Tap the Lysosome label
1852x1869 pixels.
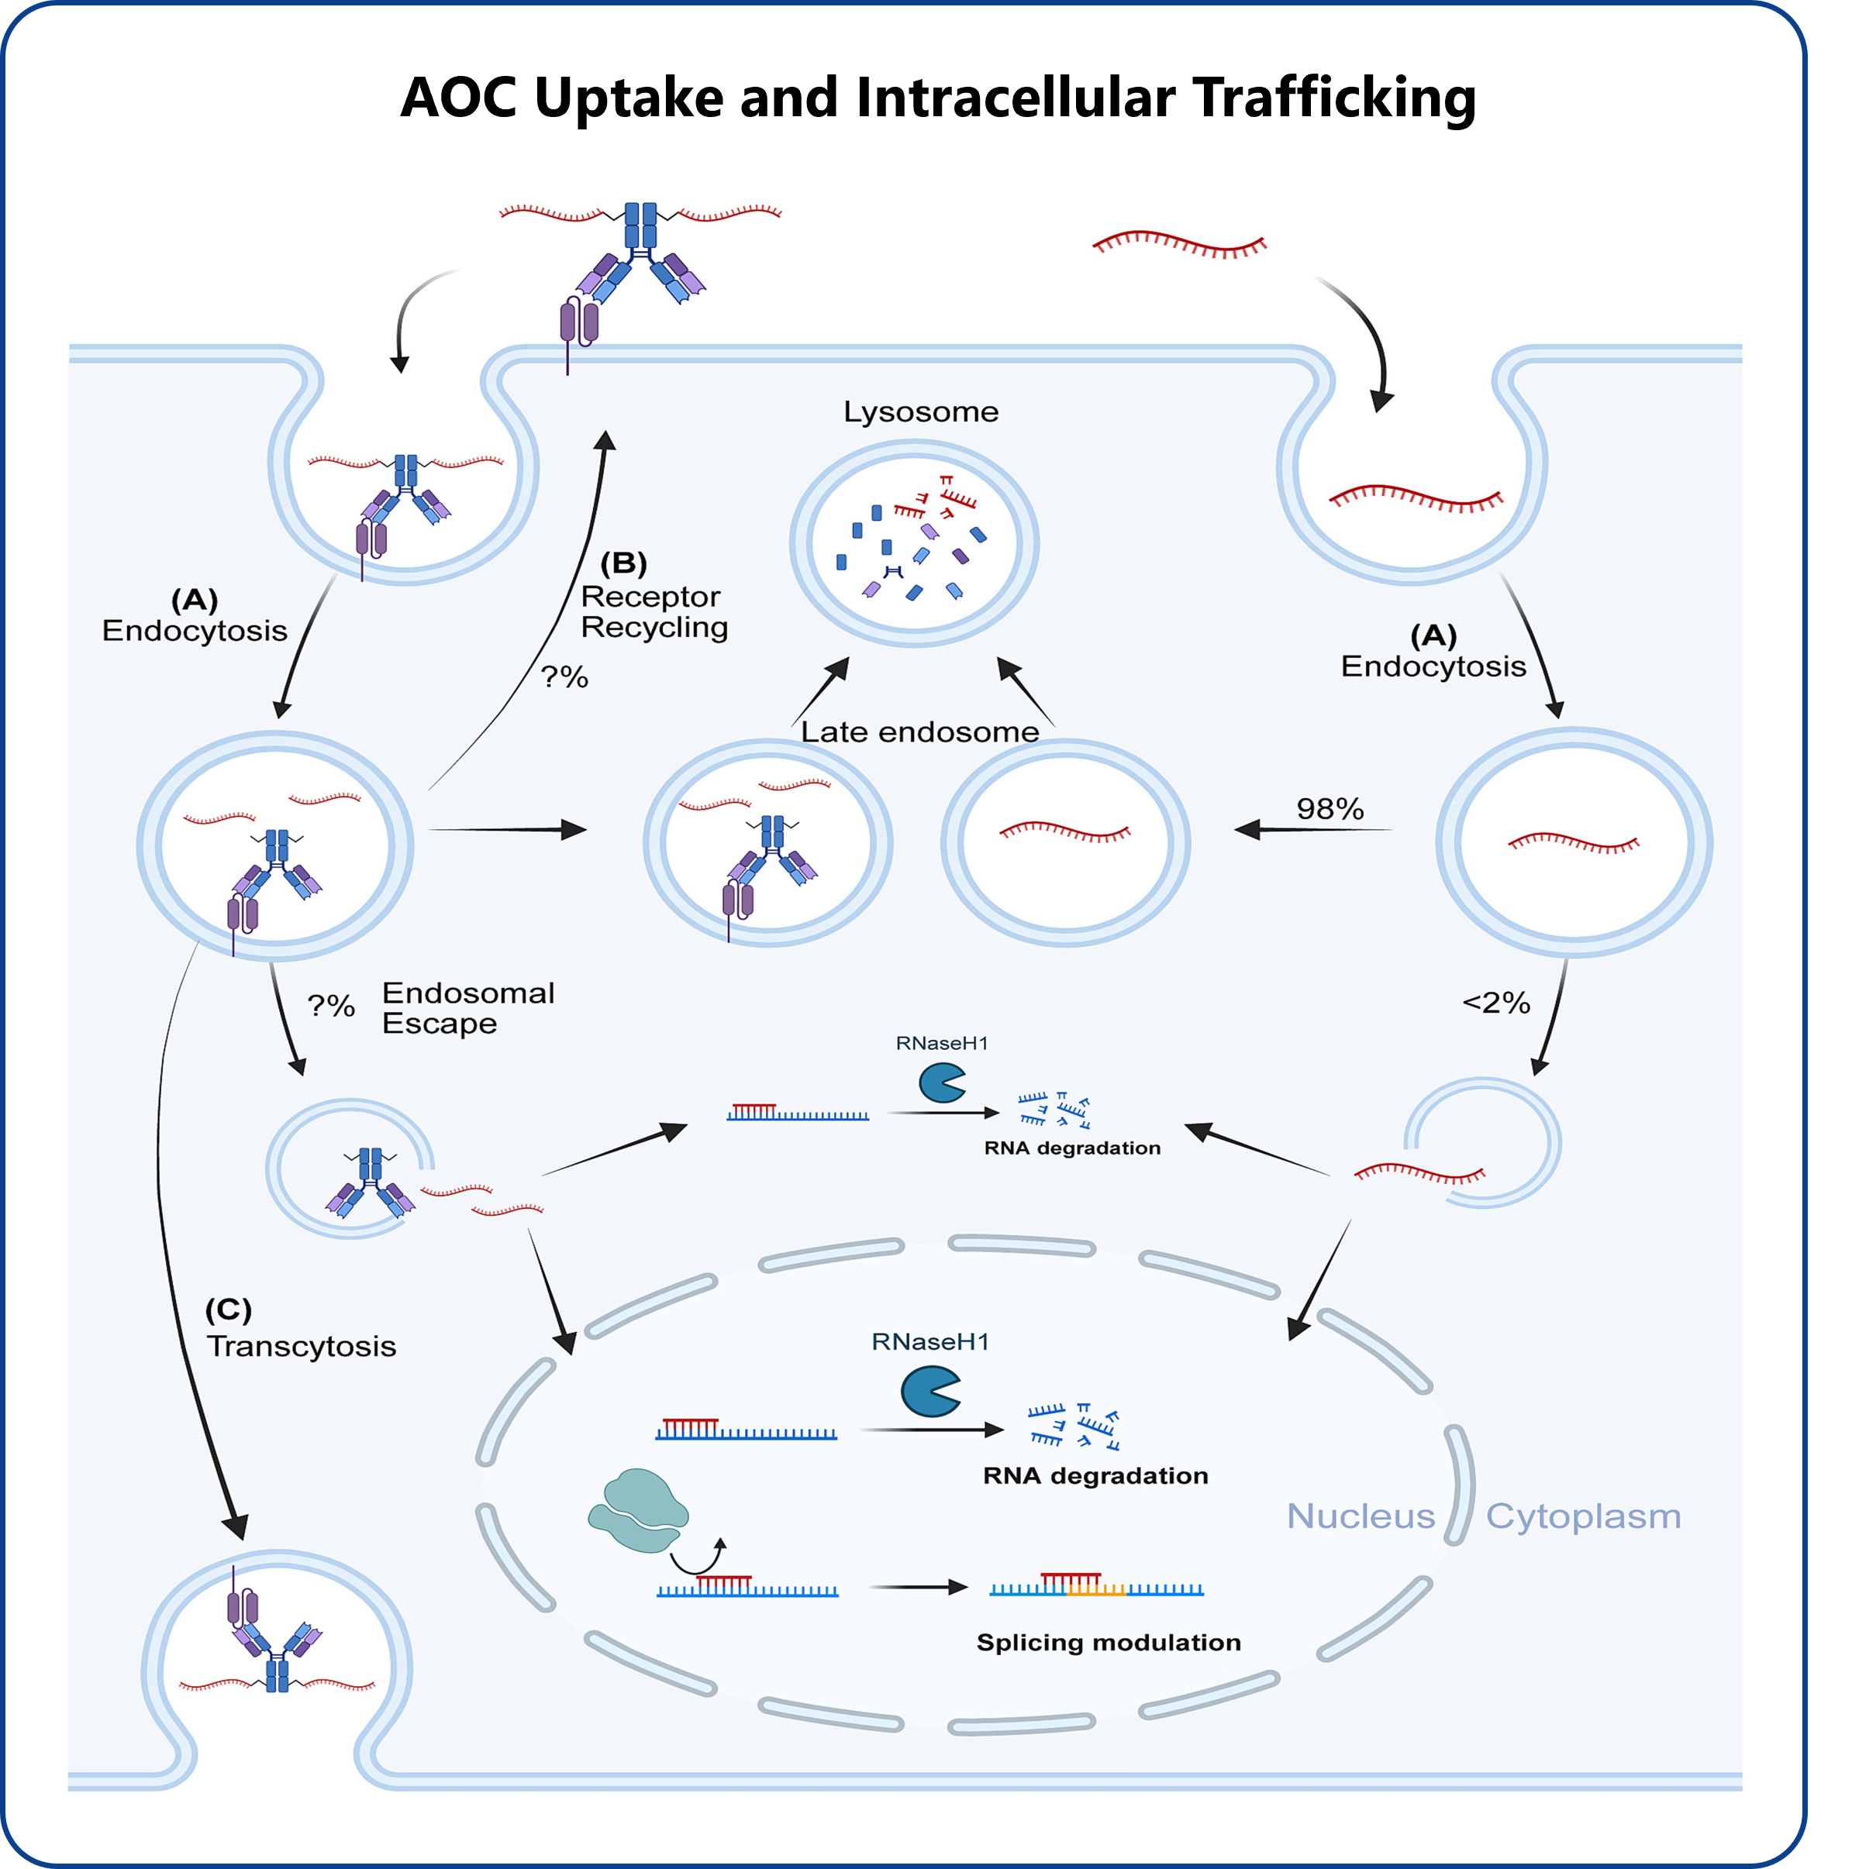click(x=920, y=412)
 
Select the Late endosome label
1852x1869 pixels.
click(x=919, y=732)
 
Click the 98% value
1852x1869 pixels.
click(x=1330, y=809)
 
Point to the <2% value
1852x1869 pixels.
click(x=1496, y=1002)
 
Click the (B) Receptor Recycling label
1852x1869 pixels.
click(x=654, y=595)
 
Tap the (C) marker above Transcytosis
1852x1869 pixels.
click(x=229, y=1310)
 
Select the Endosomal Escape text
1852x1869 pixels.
click(x=468, y=1008)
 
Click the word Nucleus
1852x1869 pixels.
click(x=1361, y=1516)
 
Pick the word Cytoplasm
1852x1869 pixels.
click(x=1583, y=1516)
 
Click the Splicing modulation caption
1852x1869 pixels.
click(x=1108, y=1643)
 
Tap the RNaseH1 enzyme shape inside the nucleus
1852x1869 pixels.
click(x=929, y=1391)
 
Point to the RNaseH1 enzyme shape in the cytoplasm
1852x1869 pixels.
click(x=941, y=1083)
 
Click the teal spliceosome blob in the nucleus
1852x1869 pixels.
click(x=638, y=1511)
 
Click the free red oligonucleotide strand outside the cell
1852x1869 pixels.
click(x=1180, y=245)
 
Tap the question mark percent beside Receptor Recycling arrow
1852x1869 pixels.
click(x=564, y=676)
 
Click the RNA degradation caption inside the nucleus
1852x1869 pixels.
click(x=1095, y=1475)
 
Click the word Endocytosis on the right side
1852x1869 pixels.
click(x=1433, y=666)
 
